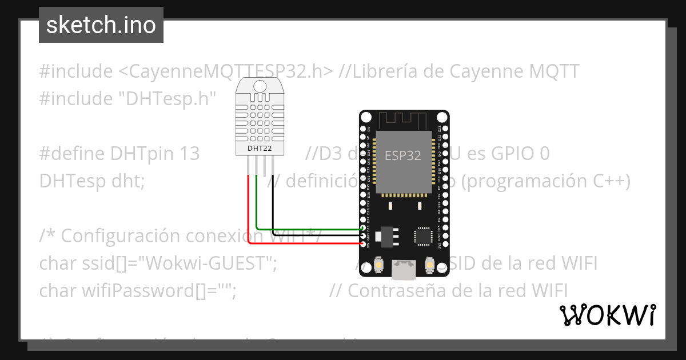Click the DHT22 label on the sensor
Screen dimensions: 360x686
click(x=260, y=149)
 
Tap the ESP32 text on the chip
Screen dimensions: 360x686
click(x=403, y=155)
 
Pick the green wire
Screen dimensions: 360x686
click(x=257, y=206)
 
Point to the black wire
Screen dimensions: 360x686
click(x=273, y=206)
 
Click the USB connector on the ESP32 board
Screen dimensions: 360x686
click(x=404, y=269)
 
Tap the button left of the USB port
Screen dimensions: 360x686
click(x=378, y=265)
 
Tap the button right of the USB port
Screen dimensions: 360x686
click(x=430, y=265)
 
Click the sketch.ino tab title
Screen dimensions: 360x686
click(x=101, y=25)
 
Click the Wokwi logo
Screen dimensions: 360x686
click(x=607, y=315)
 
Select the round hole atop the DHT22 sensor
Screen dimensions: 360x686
click(x=260, y=86)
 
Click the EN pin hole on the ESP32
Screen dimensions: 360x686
click(x=364, y=129)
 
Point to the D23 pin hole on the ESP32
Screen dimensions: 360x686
click(x=445, y=129)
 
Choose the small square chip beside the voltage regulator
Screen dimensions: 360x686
click(x=423, y=235)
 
